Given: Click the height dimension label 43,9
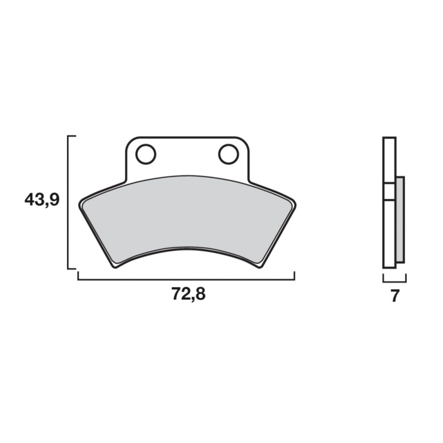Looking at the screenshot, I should (42, 200).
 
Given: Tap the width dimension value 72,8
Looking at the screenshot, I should (188, 294).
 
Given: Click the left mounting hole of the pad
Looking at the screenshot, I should (146, 154).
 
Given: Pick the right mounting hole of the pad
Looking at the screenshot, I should (228, 154).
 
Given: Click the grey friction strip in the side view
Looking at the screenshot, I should (400, 219).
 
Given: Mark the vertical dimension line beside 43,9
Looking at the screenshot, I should (68, 202).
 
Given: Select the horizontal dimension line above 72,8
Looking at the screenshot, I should (186, 280).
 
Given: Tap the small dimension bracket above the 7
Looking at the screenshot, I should (394, 281).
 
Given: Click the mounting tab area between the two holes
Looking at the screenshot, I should (187, 155).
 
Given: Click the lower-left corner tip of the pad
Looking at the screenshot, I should (114, 267).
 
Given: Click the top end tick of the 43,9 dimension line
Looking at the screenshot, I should (72, 136).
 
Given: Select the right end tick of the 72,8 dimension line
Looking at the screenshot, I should (294, 276).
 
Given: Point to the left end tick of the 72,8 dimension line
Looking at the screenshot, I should (78, 276).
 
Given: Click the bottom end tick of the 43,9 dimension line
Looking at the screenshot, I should (72, 268).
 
